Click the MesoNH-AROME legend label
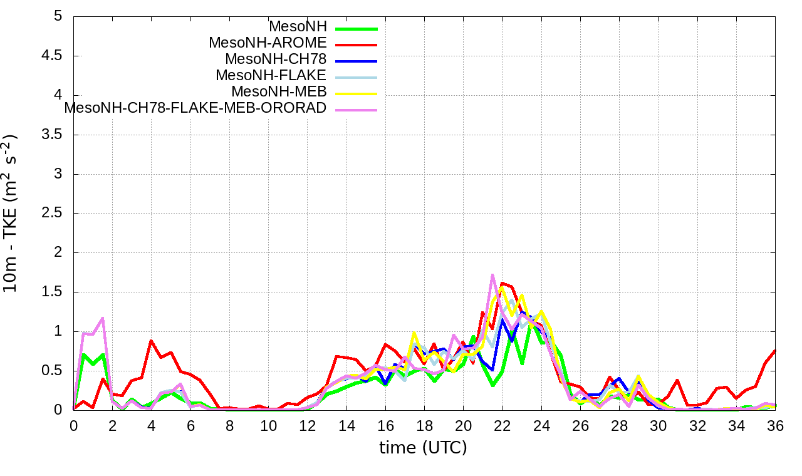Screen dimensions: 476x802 (268, 43)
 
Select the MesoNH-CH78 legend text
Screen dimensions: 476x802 (276, 59)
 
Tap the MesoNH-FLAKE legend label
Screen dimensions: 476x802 (271, 76)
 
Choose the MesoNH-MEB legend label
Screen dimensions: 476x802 (279, 92)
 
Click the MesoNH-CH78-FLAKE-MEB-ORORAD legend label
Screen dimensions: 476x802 (195, 108)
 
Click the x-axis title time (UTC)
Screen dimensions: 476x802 (424, 448)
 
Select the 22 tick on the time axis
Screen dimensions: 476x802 (502, 426)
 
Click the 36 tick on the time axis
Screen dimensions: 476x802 (775, 426)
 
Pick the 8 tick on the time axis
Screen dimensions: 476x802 (229, 426)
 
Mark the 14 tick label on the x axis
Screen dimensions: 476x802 (346, 426)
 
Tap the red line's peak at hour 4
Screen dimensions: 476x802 (151, 341)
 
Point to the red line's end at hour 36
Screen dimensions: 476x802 (775, 350)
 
